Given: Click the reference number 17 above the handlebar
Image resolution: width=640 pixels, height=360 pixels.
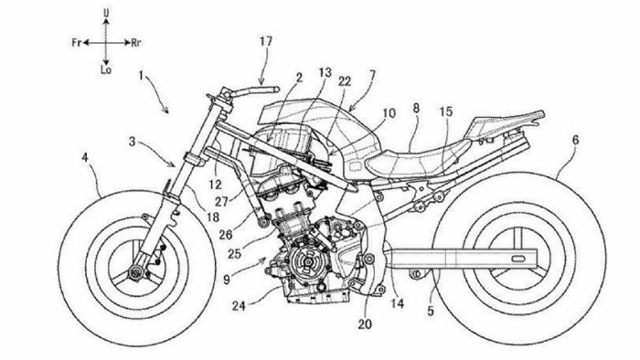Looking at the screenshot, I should pos(265,42).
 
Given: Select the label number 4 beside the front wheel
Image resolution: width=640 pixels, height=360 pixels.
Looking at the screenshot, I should pos(85,160).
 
